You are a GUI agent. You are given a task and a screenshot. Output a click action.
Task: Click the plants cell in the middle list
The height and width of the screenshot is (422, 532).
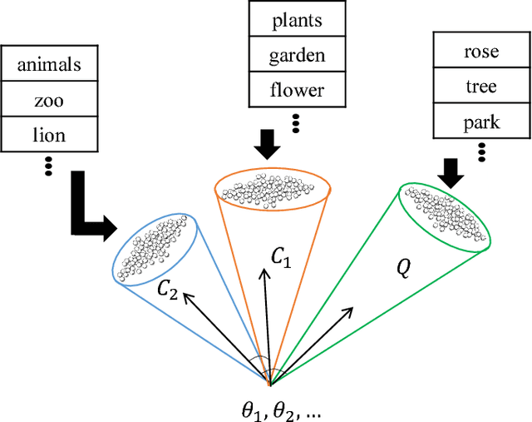click(297, 21)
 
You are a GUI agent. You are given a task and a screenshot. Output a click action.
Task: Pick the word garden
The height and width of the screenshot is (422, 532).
click(297, 56)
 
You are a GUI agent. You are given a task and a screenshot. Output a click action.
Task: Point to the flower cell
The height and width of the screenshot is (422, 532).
click(297, 91)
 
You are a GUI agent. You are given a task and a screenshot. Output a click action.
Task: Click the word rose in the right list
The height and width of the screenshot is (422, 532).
click(481, 52)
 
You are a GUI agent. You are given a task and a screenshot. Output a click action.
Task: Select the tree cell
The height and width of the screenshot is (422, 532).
click(481, 87)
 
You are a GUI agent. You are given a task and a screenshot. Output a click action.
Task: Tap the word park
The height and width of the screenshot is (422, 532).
click(481, 122)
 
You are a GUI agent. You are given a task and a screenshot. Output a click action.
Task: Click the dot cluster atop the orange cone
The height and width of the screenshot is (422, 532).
click(274, 189)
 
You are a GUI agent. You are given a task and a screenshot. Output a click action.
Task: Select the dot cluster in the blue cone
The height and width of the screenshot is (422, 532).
click(156, 248)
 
